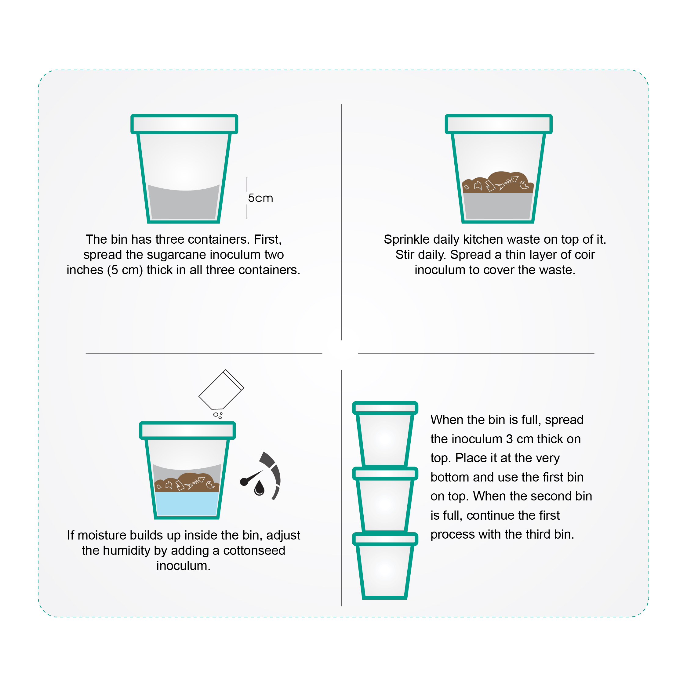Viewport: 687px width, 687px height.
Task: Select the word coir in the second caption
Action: coord(583,255)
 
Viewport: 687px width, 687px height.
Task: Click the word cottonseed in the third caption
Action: coord(254,551)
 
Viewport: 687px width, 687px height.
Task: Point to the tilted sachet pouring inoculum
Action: coord(221,390)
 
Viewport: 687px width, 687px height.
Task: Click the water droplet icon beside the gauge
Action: coord(259,488)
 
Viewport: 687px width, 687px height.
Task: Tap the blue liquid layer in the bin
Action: coord(187,503)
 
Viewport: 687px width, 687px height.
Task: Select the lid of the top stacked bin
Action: coord(385,408)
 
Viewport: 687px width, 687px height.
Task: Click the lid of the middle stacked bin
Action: coord(385,474)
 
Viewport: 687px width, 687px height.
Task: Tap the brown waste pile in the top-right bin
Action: coord(498,182)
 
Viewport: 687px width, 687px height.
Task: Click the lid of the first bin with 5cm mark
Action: coord(184,124)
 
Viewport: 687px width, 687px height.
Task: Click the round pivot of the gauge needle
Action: coord(244,482)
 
